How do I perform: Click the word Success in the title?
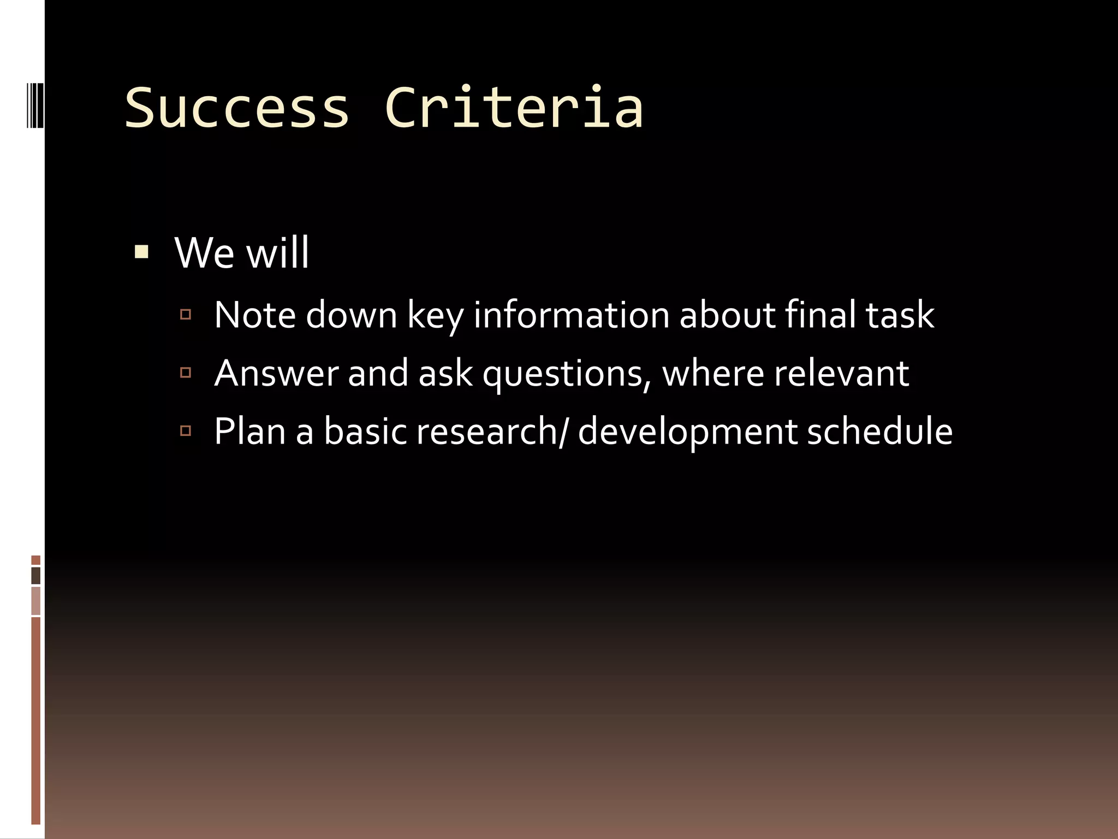click(237, 108)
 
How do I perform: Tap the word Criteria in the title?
click(514, 108)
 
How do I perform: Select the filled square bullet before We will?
click(141, 252)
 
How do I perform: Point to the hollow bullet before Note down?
click(186, 315)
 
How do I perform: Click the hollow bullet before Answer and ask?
click(186, 373)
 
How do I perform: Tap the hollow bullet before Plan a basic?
click(186, 431)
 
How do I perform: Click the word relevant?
click(841, 374)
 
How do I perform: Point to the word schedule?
click(879, 432)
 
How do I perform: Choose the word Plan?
click(250, 432)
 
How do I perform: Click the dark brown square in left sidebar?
click(36, 576)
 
